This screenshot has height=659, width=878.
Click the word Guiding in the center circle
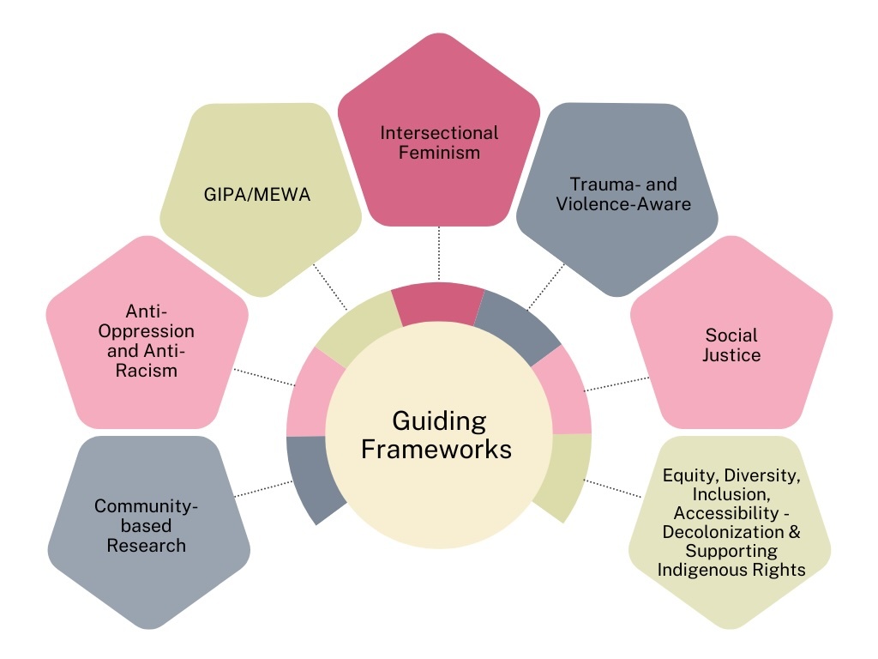439,422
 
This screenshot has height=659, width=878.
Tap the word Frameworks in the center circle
436,449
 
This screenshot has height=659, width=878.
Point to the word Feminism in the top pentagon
439,154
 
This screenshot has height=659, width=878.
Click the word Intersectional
439,134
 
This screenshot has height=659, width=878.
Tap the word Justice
731,354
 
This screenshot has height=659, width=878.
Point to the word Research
147,545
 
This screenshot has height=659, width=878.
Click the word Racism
147,371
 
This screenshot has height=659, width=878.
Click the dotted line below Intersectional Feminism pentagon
439,254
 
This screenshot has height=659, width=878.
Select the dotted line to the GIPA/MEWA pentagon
330,287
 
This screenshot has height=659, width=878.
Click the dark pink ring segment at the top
438,302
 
